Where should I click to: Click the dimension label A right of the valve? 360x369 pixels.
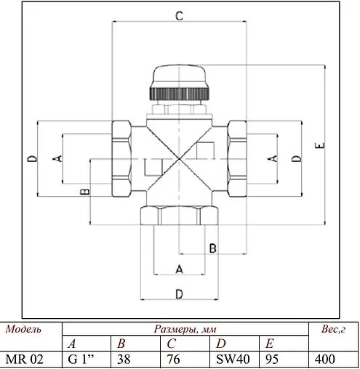[273, 158]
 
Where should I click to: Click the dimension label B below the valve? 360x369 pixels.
[212, 248]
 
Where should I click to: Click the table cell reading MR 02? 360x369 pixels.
[23, 359]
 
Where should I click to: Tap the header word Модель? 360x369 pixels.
[23, 329]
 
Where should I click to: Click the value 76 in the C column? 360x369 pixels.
[176, 359]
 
